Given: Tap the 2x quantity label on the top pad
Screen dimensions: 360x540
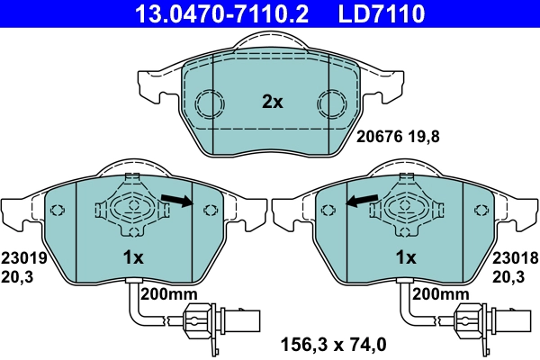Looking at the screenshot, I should click(272, 103).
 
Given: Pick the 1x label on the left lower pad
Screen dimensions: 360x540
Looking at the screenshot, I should click(132, 257).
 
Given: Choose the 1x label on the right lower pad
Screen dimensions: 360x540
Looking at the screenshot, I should click(406, 257).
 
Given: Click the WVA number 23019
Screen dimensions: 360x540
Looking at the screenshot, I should click(21, 257).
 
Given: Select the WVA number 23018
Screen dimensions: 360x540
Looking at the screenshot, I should click(516, 257).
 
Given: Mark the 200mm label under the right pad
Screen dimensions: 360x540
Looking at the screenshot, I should click(440, 294).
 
